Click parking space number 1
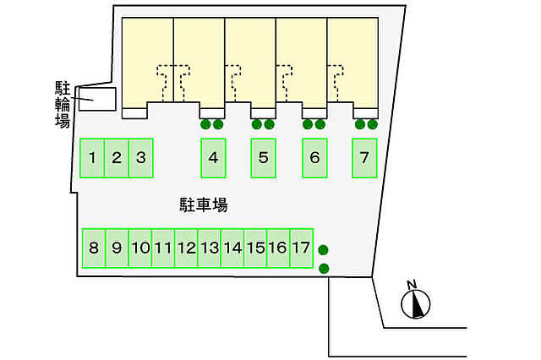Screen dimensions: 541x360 92,158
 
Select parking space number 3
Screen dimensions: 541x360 141,158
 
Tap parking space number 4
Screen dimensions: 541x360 213,158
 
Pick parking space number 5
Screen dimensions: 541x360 263,158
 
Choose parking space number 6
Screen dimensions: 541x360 314,158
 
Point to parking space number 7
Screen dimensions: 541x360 364,158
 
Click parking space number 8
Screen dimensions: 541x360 94,248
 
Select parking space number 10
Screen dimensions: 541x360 140,248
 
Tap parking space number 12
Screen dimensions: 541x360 186,248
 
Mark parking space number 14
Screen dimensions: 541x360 232,248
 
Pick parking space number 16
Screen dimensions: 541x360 278,248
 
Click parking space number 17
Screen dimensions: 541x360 302,248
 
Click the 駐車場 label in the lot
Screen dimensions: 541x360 204,205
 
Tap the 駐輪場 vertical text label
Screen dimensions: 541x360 63,104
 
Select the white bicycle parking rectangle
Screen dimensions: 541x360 97,100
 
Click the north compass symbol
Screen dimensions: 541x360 416,304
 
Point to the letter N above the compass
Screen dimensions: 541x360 412,285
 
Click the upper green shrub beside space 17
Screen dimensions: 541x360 323,249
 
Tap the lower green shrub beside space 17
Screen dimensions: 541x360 324,268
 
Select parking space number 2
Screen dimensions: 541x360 117,158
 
